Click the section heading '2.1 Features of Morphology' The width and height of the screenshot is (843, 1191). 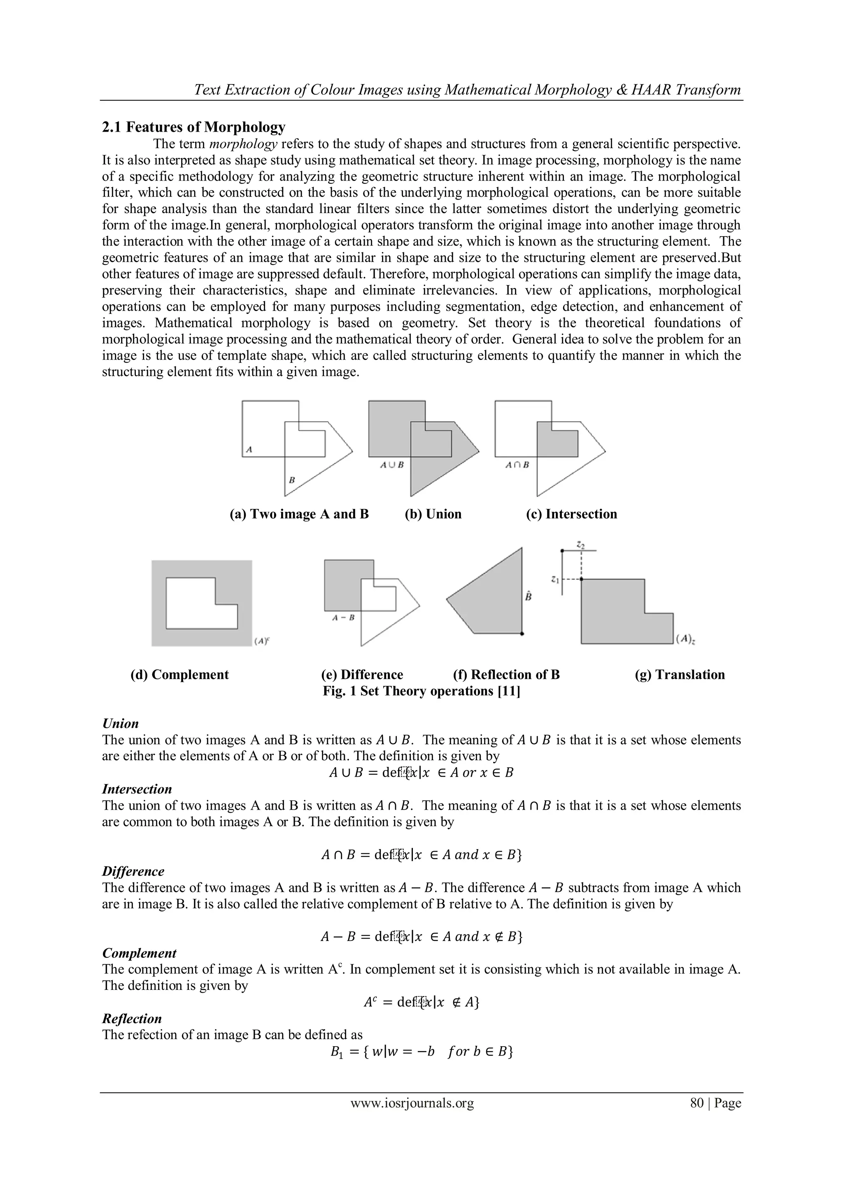pyautogui.click(x=193, y=127)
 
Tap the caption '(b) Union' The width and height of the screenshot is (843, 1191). pyautogui.click(x=433, y=514)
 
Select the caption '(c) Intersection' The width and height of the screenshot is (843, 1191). pyautogui.click(x=571, y=514)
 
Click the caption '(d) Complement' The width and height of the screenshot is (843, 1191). pyautogui.click(x=179, y=675)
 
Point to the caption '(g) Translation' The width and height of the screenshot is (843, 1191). pyautogui.click(x=680, y=675)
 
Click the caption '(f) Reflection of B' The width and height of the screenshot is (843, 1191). pyautogui.click(x=506, y=675)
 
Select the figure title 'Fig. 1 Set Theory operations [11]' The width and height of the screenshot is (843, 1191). pyautogui.click(x=421, y=692)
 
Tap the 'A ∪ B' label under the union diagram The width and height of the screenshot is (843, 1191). pyautogui.click(x=392, y=465)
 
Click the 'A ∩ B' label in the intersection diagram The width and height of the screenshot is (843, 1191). pyautogui.click(x=517, y=465)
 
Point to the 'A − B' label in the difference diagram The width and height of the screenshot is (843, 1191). pyautogui.click(x=343, y=618)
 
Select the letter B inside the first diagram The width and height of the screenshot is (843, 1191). pyautogui.click(x=292, y=481)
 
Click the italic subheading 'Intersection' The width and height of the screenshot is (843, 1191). pyautogui.click(x=137, y=789)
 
